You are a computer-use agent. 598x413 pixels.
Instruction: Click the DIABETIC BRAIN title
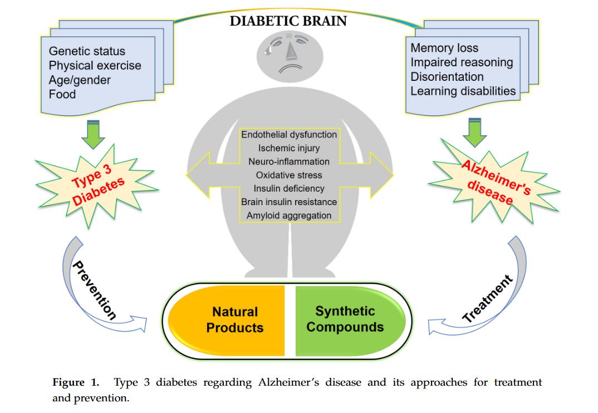coord(288,21)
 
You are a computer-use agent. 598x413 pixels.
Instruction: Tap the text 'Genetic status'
coord(87,51)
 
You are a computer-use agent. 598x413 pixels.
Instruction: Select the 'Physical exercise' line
coord(95,66)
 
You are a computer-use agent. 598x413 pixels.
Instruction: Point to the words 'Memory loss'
coord(444,48)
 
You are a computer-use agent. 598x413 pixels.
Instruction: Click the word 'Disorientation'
coord(447,76)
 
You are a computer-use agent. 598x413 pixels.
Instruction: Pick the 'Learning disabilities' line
coord(463,91)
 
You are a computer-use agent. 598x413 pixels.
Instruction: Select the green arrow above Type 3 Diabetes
coord(92,134)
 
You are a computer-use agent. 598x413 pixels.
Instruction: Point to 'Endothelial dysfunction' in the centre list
coord(289,134)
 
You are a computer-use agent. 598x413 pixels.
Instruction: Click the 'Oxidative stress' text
coord(289,175)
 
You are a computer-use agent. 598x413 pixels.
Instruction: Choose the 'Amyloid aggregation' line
coord(289,215)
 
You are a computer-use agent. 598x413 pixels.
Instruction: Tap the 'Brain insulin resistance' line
coord(289,202)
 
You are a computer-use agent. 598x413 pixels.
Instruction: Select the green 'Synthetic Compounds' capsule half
coord(345,319)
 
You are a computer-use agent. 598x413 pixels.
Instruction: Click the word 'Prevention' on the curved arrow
coord(95,290)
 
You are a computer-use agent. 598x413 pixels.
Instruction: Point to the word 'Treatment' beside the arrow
coord(487,299)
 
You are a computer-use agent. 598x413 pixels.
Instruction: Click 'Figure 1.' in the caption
coord(76,383)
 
